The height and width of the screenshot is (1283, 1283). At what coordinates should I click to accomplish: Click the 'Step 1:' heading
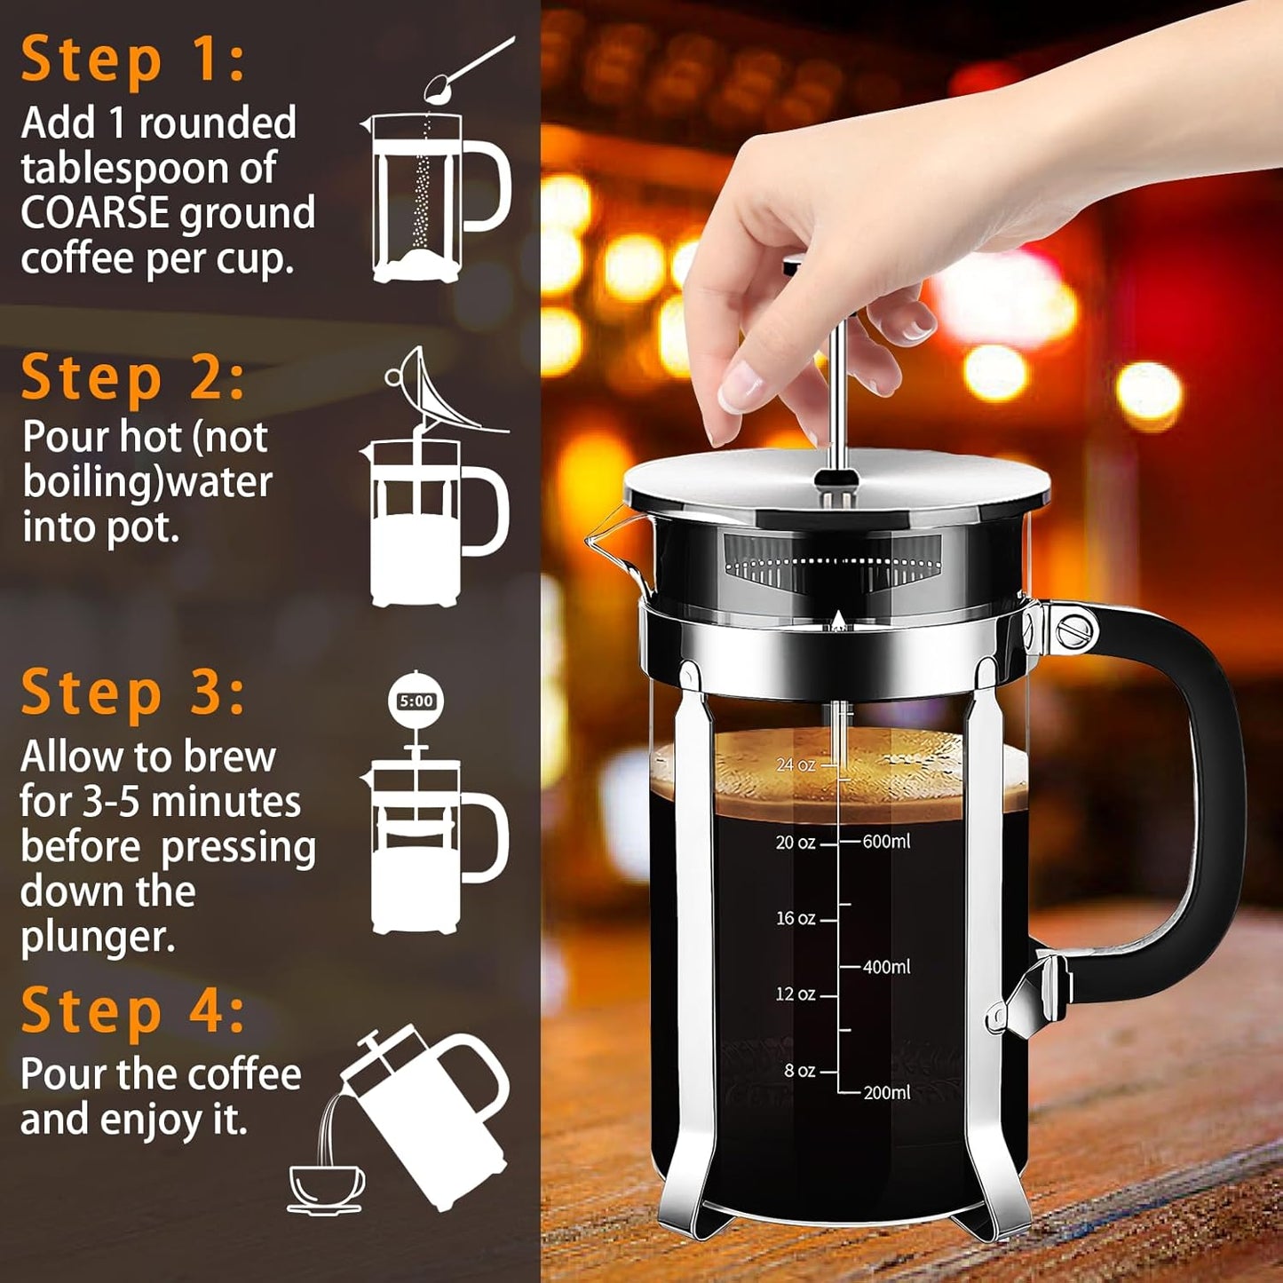(133, 60)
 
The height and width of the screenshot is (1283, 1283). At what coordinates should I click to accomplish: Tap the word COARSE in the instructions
(95, 214)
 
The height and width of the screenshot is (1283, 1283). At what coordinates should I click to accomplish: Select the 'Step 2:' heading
(133, 378)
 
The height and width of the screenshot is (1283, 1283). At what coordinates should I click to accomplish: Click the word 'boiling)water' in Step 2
(147, 482)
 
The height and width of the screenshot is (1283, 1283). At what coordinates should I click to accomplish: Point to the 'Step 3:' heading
(133, 693)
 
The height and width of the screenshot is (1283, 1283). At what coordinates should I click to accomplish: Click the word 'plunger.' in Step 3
(98, 938)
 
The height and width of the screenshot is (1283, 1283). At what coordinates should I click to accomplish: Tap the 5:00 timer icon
(416, 701)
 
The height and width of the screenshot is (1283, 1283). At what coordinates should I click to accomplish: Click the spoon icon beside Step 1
(469, 67)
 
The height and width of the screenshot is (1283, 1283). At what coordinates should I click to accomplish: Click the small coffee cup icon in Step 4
(326, 1188)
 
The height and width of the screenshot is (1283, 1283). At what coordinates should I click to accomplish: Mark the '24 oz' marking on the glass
(795, 764)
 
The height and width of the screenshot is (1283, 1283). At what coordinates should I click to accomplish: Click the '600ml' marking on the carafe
(886, 841)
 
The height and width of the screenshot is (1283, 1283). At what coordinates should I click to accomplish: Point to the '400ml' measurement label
(886, 967)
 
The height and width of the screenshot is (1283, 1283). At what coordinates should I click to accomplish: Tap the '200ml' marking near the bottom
(886, 1093)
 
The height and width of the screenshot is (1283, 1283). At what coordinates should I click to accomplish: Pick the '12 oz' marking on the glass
(795, 994)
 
